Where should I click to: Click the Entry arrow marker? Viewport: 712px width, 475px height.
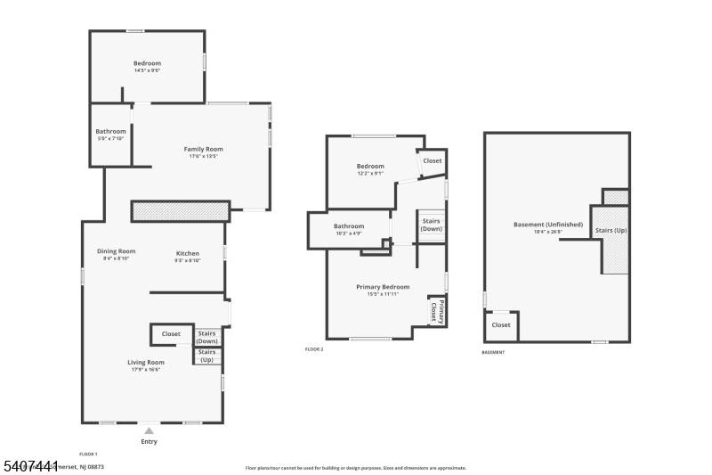pyautogui.click(x=149, y=430)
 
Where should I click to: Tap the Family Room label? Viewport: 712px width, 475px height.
pyautogui.click(x=203, y=149)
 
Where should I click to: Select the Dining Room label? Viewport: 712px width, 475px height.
pyautogui.click(x=117, y=251)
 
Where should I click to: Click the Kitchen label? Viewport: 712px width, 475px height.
pyautogui.click(x=187, y=253)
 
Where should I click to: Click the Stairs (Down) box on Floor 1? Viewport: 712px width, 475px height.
pyautogui.click(x=207, y=337)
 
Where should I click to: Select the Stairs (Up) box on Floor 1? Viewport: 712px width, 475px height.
pyautogui.click(x=207, y=356)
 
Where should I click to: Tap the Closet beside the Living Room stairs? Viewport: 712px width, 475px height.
pyautogui.click(x=171, y=334)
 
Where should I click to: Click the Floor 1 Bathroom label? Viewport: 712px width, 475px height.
pyautogui.click(x=111, y=131)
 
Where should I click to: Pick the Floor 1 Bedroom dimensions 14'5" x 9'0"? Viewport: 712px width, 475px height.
pyautogui.click(x=147, y=70)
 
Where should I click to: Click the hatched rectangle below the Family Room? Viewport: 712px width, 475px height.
pyautogui.click(x=181, y=210)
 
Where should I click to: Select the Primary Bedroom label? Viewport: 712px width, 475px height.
pyautogui.click(x=383, y=286)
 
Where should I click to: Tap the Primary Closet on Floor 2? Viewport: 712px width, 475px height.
pyautogui.click(x=436, y=311)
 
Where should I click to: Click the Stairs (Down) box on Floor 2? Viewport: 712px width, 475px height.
pyautogui.click(x=431, y=225)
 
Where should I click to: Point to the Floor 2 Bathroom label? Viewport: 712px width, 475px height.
pyautogui.click(x=349, y=225)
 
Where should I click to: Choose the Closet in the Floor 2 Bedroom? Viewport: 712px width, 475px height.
pyautogui.click(x=432, y=161)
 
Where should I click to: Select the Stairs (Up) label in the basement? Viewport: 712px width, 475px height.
pyautogui.click(x=610, y=232)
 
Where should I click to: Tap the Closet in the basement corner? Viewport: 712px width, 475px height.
pyautogui.click(x=501, y=325)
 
